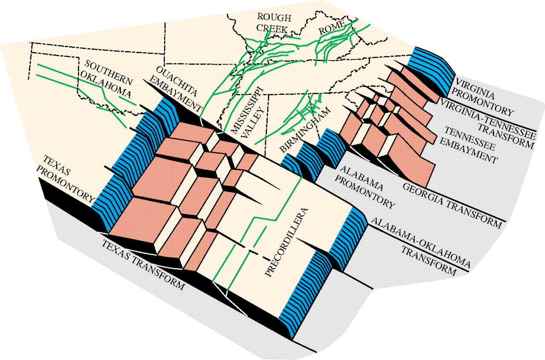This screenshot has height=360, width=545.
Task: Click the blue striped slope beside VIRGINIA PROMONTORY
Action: [x=430, y=70]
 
